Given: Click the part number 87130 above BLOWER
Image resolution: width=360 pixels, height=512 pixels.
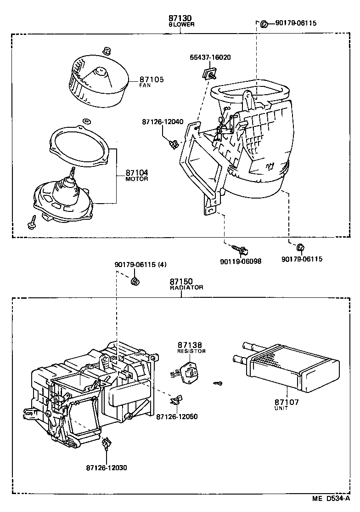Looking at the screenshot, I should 181,19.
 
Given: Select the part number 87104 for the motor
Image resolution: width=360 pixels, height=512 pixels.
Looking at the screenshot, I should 137,173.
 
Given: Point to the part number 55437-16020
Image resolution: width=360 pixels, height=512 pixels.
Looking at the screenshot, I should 210,57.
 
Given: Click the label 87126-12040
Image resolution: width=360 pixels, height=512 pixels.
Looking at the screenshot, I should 163,122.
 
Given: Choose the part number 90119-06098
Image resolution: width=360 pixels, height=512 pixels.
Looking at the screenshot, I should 241,261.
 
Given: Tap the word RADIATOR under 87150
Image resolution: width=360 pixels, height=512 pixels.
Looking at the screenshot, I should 186,287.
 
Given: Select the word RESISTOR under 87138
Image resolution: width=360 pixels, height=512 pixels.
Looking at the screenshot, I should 191,351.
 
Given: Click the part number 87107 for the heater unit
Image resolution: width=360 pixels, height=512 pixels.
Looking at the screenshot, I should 287,402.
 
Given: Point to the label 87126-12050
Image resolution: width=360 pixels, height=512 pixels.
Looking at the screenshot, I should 177,416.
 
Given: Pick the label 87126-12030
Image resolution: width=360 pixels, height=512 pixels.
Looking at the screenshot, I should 106,467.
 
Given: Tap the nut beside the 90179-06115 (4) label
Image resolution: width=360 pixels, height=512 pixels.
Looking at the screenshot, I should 135,281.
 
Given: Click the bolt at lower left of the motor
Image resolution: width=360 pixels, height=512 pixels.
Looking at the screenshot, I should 33,223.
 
